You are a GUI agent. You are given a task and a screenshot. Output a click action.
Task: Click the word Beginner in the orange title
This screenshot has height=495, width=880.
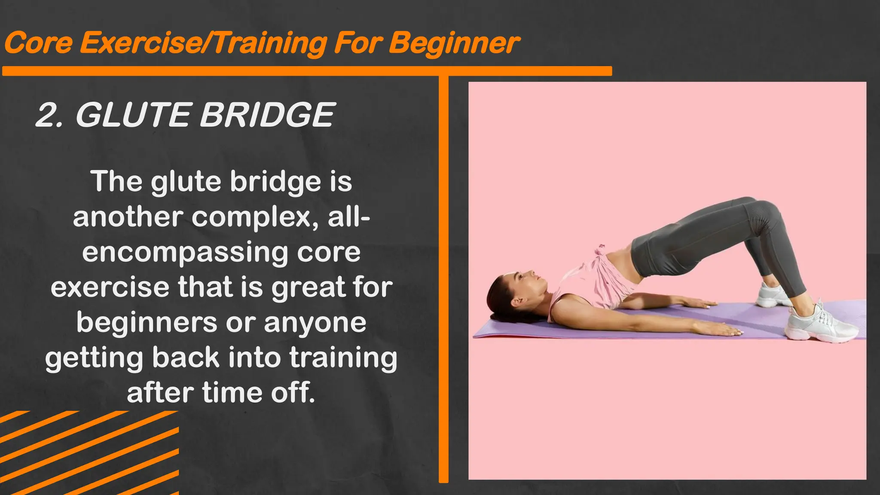click(x=455, y=44)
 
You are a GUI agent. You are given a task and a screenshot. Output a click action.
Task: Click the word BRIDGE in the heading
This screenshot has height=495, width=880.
click(x=267, y=115)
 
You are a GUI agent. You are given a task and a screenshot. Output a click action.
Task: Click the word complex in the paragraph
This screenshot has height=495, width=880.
click(x=255, y=217)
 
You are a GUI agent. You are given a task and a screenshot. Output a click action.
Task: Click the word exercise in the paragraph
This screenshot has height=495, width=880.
click(x=110, y=287)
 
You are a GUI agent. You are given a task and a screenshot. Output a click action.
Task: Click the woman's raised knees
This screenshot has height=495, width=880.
click(x=761, y=206)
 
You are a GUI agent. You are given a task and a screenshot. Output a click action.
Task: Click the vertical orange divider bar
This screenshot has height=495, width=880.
click(x=443, y=279)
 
